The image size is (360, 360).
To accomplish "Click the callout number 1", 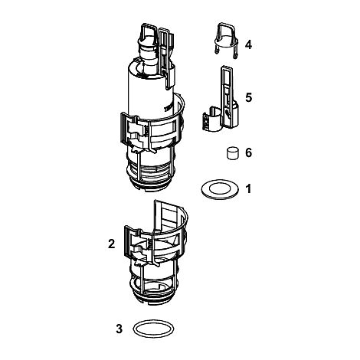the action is point(248,189).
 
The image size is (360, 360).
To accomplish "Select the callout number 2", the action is point(112,244).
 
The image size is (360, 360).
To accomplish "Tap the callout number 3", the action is point(119,329).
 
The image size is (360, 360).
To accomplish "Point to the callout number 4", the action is point(248,44).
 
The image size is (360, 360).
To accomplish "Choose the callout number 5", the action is point(248,98).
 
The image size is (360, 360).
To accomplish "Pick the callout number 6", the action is point(248,152).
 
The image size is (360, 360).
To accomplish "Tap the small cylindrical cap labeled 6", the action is point(233,153).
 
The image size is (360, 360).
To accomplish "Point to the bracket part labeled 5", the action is point(226,102).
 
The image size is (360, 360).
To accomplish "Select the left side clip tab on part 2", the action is point(127,241).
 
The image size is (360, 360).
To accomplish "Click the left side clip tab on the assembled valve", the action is point(123,128).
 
